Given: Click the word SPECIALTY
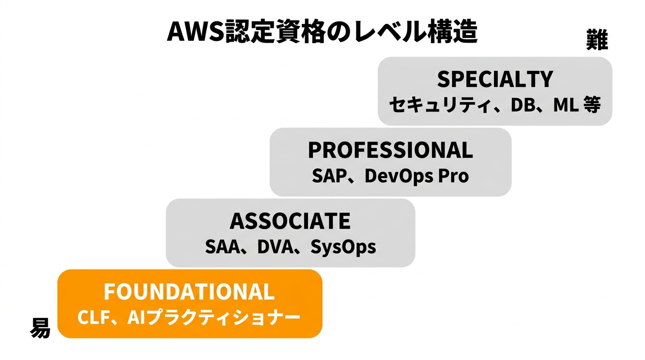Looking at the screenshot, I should pos(495,80).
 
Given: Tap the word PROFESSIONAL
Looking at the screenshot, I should pos(390,150).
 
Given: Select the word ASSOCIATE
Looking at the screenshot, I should pos(290,221).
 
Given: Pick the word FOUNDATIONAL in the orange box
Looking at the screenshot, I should pos(189,292).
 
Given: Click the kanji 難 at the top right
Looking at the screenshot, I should pos(597,40).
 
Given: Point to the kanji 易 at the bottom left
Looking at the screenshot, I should pos(40,328).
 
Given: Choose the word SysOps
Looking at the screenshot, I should pos(343,247).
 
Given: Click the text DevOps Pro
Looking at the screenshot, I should pos(416,176).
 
